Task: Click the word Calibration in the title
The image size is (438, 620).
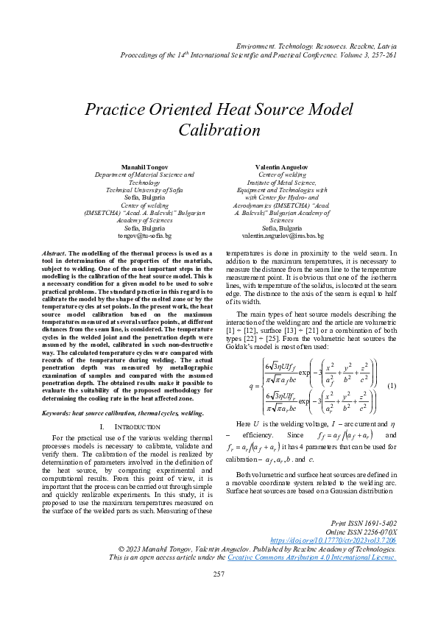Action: [219, 130]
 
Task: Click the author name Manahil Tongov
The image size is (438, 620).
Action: [144, 168]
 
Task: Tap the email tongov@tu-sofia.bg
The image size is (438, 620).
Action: [144, 236]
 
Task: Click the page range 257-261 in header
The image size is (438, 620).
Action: [381, 54]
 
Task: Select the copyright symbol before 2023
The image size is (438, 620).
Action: [124, 549]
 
